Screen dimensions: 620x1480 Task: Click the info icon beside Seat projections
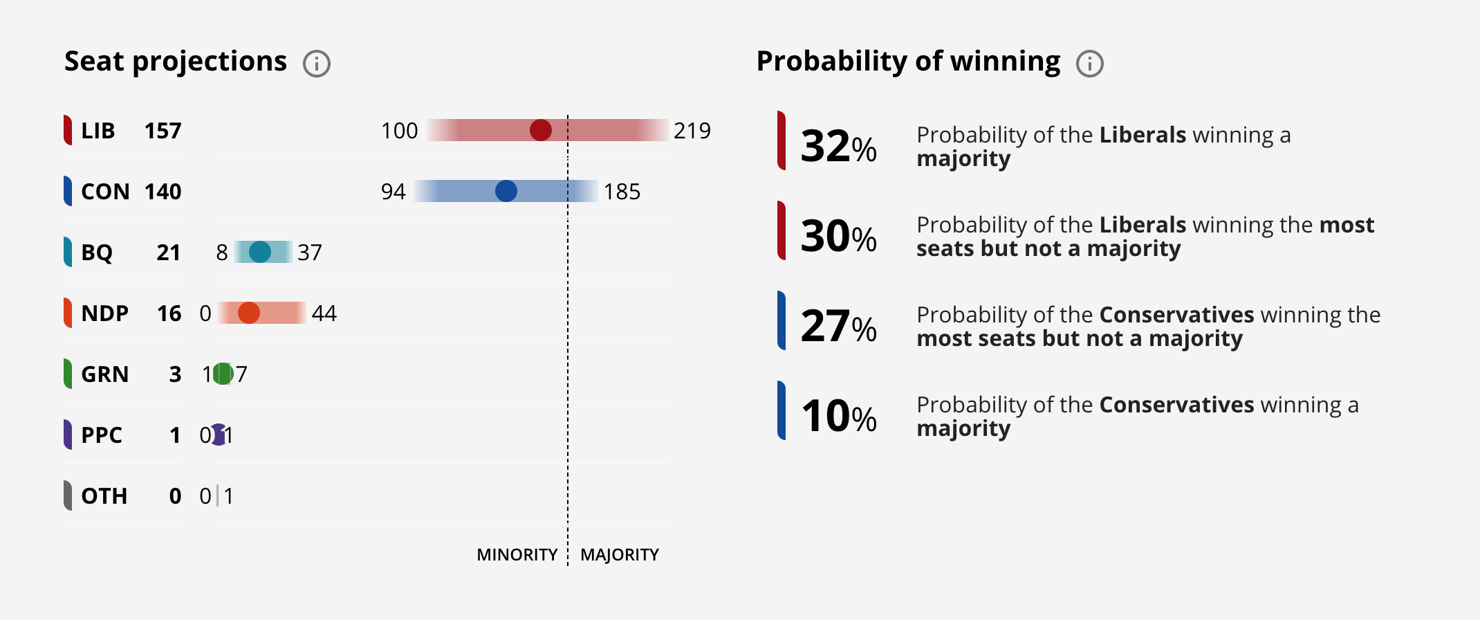coord(317,64)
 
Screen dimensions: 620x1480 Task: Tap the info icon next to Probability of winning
coord(1090,64)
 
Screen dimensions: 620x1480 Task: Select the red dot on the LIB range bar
coord(541,130)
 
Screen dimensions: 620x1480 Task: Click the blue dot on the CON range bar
coord(506,191)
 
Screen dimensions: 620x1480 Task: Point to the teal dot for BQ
coord(260,252)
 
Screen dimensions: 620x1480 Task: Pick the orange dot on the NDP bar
coord(249,313)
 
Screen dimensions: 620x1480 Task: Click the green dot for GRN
coord(223,374)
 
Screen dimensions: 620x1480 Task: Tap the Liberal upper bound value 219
coord(692,131)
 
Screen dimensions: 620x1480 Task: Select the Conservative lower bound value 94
coord(393,192)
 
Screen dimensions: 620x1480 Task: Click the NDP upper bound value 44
coord(324,313)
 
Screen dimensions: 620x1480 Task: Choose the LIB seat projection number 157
coord(163,131)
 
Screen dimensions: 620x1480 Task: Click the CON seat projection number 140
coord(163,192)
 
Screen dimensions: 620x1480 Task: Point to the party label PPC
coord(102,435)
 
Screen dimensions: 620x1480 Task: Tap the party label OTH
coord(104,496)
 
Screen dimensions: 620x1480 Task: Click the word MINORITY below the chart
coord(517,555)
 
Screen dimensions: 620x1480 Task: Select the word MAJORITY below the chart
coord(619,555)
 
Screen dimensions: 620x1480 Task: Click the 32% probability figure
coord(838,147)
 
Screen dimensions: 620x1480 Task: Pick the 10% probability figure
coord(838,417)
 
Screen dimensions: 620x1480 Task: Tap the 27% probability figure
coord(838,327)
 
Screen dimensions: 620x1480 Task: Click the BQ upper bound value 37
coord(310,253)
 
